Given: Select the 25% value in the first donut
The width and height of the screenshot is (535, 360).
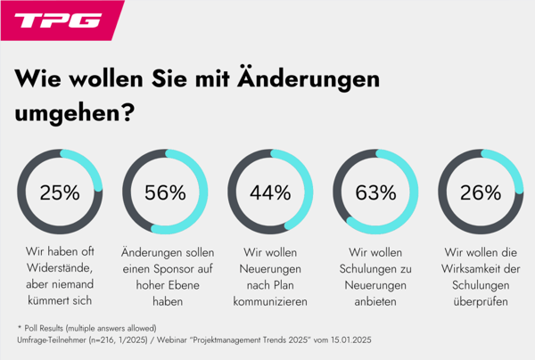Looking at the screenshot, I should point(61,192).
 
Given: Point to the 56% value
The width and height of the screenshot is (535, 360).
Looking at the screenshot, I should point(165,192).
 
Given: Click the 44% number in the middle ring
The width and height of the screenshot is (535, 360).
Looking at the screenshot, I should point(270,192).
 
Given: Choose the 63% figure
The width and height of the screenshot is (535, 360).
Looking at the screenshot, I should point(375,192).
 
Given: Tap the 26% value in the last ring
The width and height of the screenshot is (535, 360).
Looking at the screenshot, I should point(480,192).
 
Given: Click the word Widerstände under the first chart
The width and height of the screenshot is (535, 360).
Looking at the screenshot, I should point(61,268).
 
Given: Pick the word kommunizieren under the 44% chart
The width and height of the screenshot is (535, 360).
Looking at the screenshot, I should point(270,302).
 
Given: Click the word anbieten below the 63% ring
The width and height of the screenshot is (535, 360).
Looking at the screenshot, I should point(375,302).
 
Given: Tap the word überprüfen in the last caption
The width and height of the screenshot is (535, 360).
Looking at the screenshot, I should point(480,302).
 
